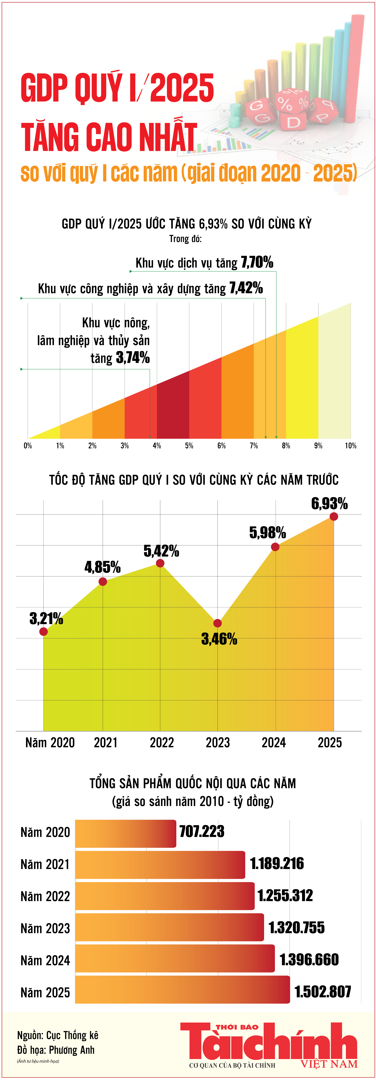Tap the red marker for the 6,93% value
[334, 516]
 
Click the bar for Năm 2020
[125, 834]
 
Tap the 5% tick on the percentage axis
[189, 446]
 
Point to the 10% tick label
[350, 446]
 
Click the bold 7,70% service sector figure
[257, 262]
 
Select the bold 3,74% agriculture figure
[133, 358]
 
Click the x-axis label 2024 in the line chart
[274, 742]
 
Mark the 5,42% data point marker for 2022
[160, 563]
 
